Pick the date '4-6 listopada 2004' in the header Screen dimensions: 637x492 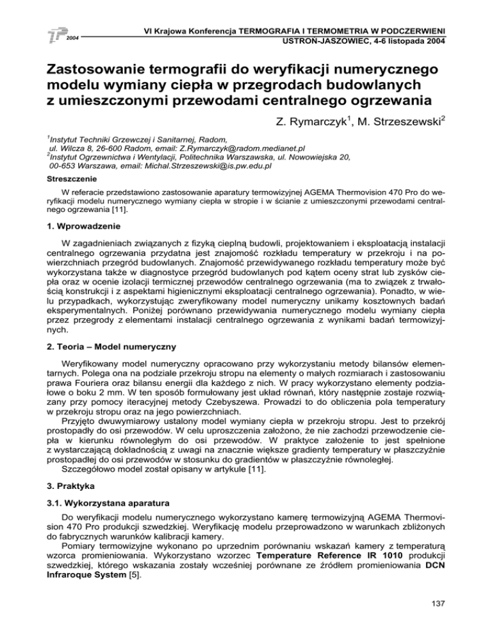coord(413,40)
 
